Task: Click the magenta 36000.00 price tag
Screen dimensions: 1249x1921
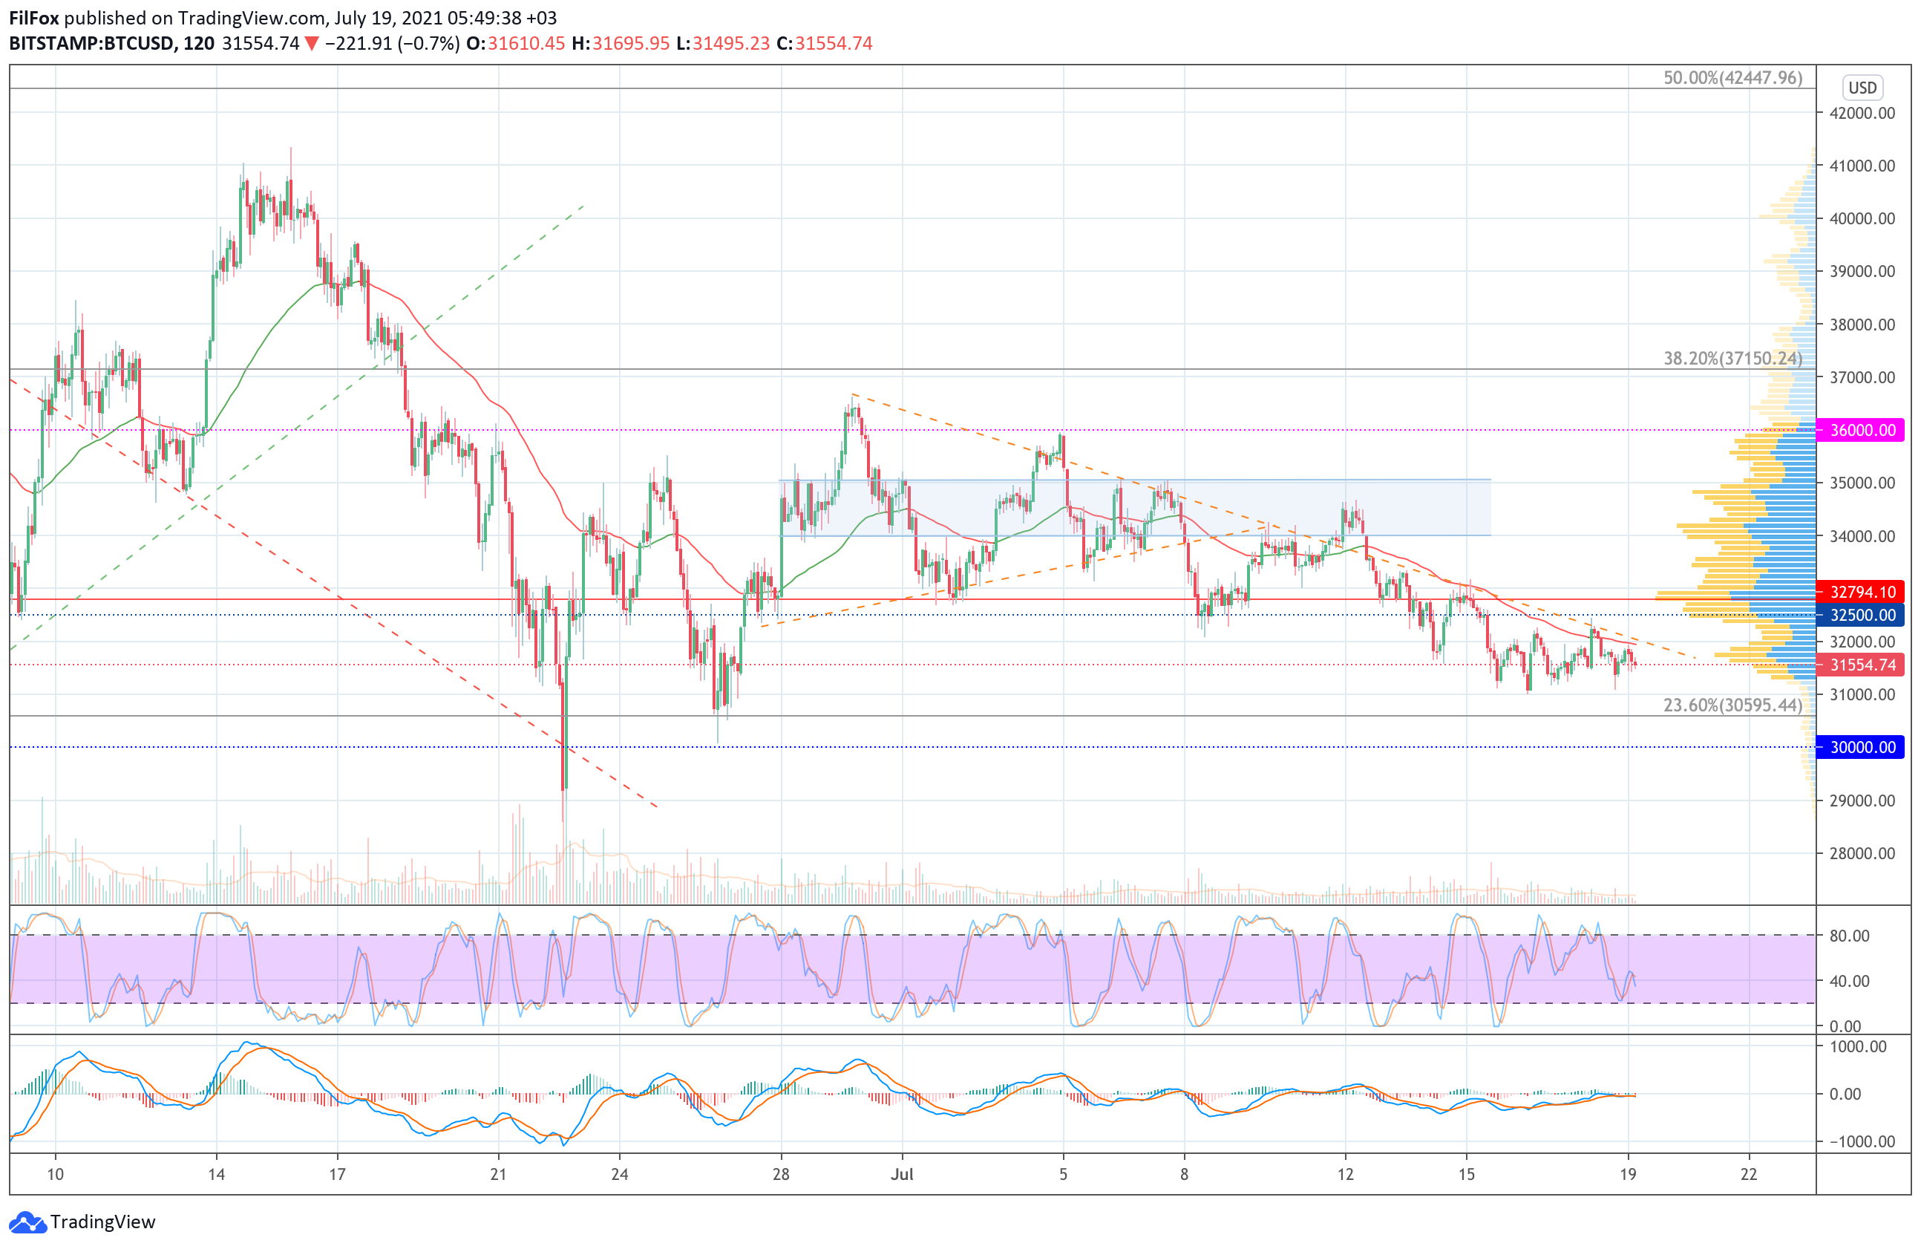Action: click(x=1862, y=431)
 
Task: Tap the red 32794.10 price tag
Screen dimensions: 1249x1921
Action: click(x=1862, y=592)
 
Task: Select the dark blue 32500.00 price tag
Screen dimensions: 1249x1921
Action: click(x=1862, y=615)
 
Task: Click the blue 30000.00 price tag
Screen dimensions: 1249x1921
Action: click(x=1862, y=748)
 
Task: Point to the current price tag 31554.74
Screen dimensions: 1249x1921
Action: click(x=1862, y=665)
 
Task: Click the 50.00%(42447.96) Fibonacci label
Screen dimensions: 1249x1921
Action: click(x=1732, y=77)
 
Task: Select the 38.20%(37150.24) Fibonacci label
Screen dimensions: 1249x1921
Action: click(x=1732, y=359)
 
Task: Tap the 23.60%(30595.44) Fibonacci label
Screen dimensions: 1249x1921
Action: click(x=1732, y=705)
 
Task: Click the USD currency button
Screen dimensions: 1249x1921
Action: click(x=1862, y=87)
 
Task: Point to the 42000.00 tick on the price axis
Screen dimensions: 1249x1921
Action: click(x=1862, y=113)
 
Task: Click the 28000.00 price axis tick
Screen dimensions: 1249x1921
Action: click(x=1862, y=853)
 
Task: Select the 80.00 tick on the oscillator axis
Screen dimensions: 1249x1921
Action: click(x=1849, y=936)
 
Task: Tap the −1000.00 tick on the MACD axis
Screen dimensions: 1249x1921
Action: click(x=1856, y=1141)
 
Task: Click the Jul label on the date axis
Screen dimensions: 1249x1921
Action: click(x=902, y=1174)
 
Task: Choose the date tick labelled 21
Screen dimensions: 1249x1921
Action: click(x=498, y=1174)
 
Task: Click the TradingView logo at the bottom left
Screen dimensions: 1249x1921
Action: click(x=83, y=1222)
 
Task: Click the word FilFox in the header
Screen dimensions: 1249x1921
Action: click(x=33, y=18)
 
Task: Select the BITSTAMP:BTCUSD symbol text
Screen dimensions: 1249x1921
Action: click(x=91, y=44)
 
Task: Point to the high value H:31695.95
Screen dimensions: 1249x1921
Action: click(x=621, y=44)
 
